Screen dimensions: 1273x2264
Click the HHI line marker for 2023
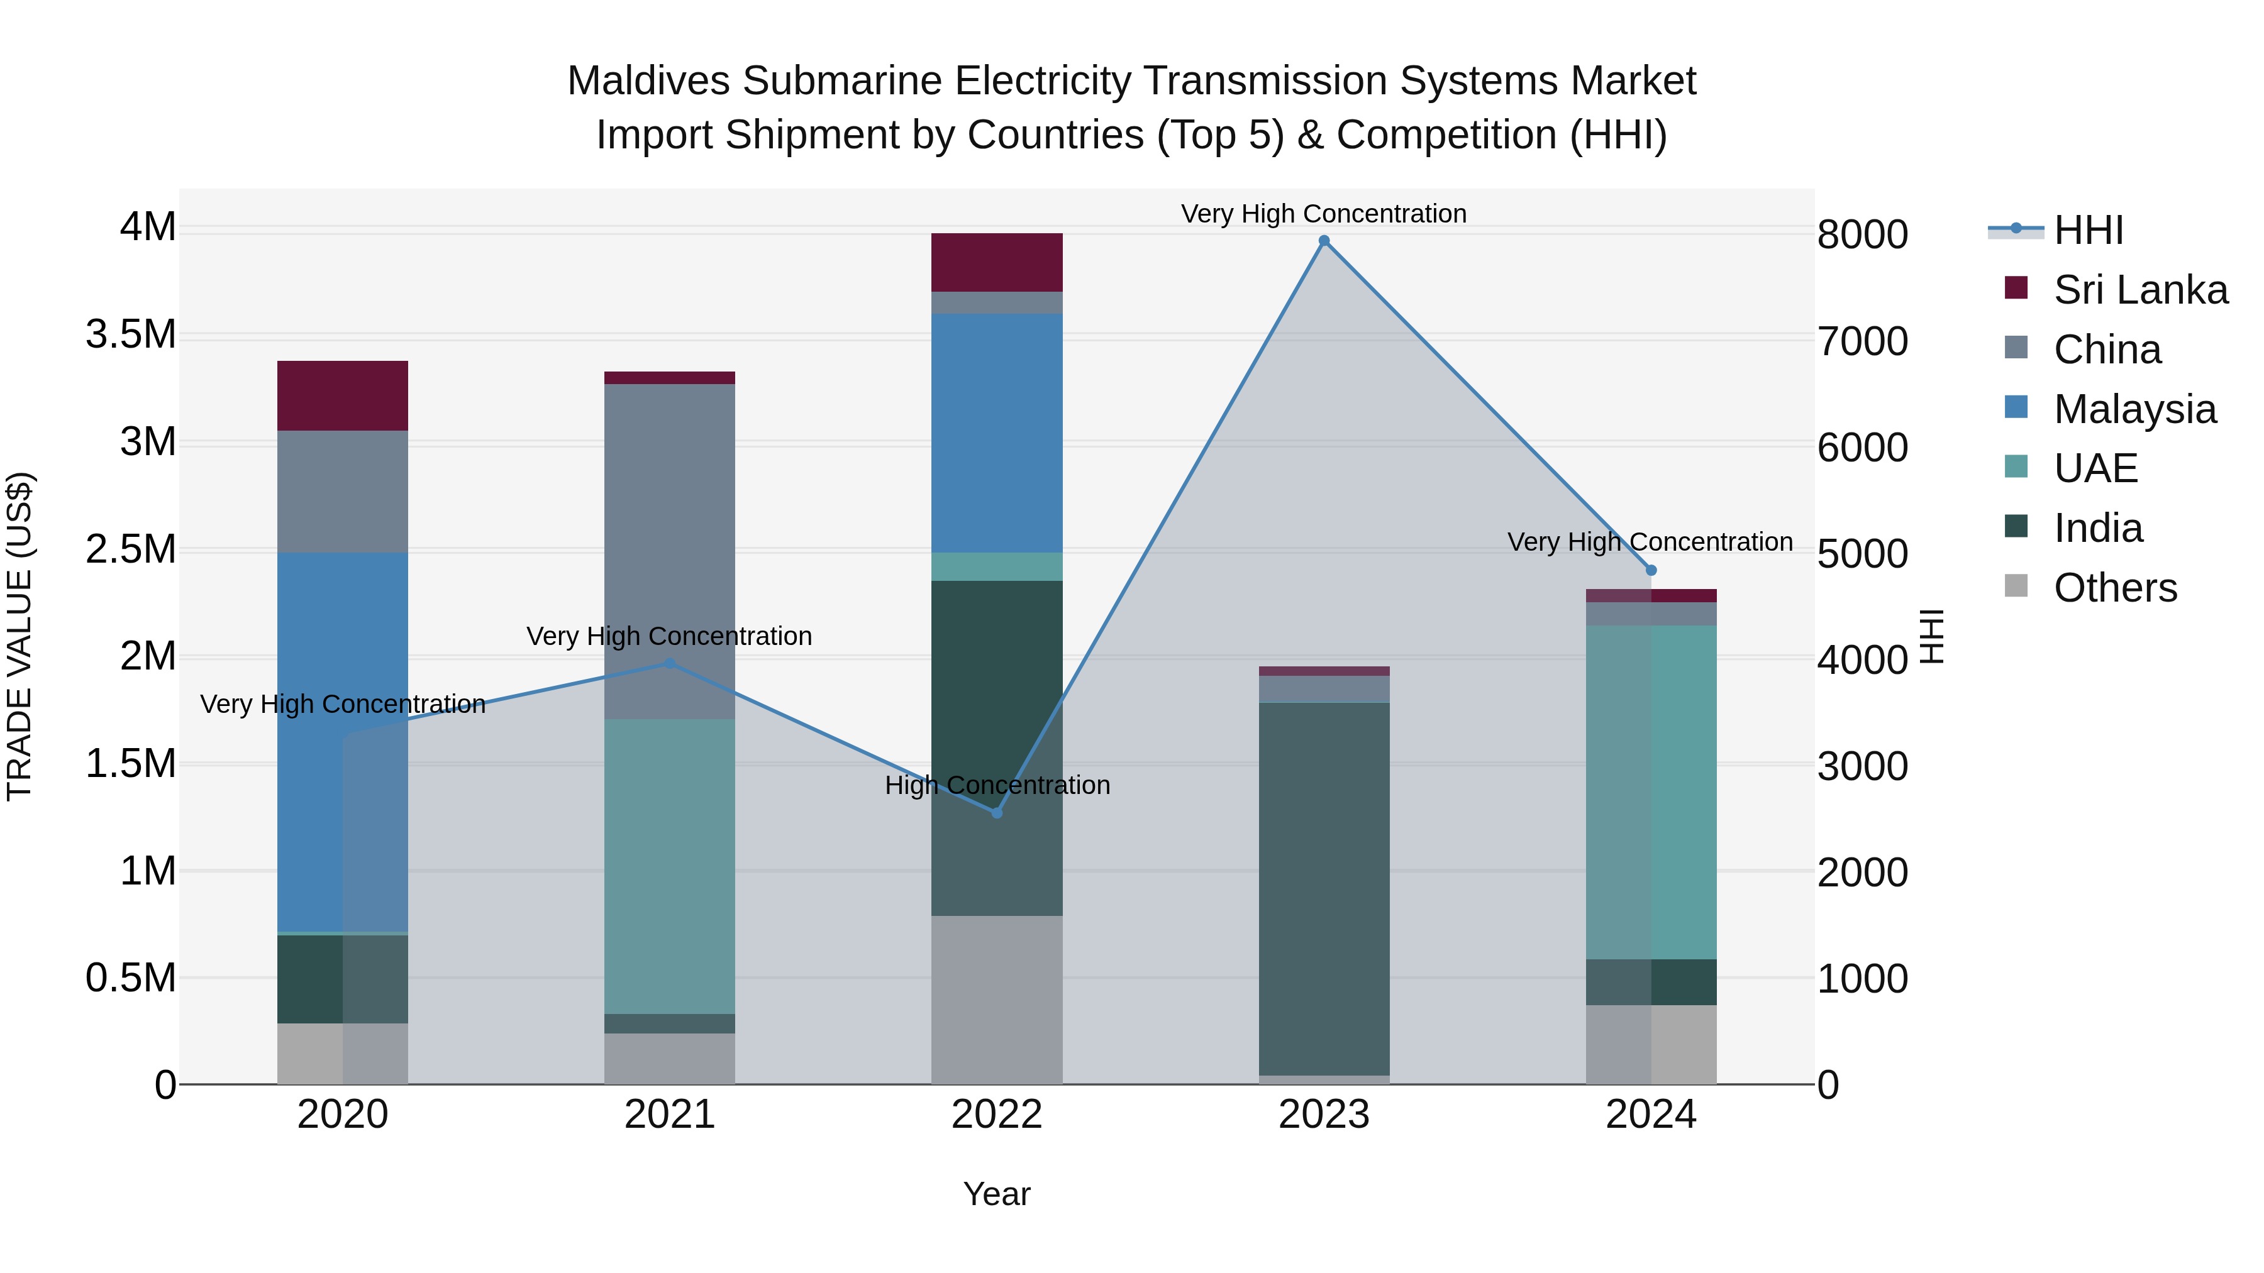pos(1324,241)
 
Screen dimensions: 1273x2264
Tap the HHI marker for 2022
pos(997,813)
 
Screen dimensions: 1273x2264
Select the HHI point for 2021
pos(670,663)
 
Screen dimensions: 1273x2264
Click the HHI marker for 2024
pos(1651,570)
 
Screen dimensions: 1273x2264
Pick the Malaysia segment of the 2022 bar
pos(997,433)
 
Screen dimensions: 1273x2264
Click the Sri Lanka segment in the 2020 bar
pos(343,395)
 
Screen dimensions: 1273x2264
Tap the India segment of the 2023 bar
pos(1324,887)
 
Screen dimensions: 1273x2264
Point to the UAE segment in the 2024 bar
pos(1651,791)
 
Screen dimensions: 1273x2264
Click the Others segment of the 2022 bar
pos(997,999)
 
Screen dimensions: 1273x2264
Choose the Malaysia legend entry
pos(2134,409)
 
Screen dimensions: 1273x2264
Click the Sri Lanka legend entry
pos(2140,290)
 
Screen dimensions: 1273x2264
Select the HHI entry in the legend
pos(2088,230)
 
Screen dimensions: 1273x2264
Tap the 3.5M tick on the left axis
pos(130,334)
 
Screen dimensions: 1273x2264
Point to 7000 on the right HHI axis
pos(1862,342)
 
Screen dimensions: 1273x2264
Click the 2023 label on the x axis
pos(1324,1115)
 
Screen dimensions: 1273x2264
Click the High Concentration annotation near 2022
pos(997,785)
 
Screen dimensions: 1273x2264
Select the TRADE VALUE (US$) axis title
pos(19,636)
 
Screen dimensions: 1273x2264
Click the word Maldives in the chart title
pos(648,81)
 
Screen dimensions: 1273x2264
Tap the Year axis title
pos(997,1194)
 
